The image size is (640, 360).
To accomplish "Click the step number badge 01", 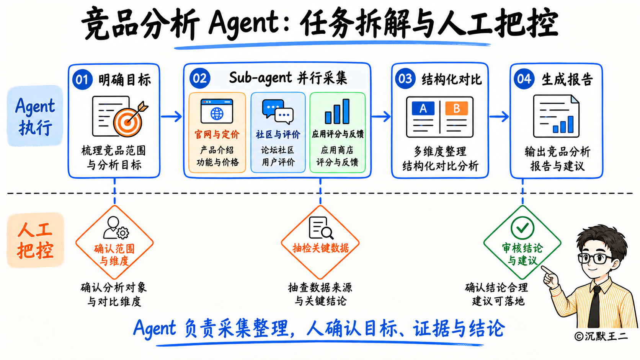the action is click(x=82, y=79).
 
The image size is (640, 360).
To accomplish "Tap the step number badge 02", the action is click(x=200, y=78).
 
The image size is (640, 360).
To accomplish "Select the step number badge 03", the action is click(x=405, y=78).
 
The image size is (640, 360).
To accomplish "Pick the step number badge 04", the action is click(x=524, y=79).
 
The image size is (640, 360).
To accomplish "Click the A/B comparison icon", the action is click(x=440, y=117).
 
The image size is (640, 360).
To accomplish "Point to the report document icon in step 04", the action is click(x=556, y=116).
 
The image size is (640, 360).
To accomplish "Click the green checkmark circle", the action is click(x=522, y=228).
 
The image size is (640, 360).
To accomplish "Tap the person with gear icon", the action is click(x=116, y=228).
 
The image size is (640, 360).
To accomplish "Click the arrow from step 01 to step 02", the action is click(x=171, y=116).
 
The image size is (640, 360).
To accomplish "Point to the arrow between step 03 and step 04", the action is click(x=499, y=116).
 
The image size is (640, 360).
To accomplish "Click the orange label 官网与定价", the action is click(x=217, y=134).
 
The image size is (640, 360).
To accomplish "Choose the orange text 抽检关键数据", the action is click(x=320, y=248).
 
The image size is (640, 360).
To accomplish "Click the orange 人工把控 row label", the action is click(x=35, y=240).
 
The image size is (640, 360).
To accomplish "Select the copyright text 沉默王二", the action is click(x=601, y=336).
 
